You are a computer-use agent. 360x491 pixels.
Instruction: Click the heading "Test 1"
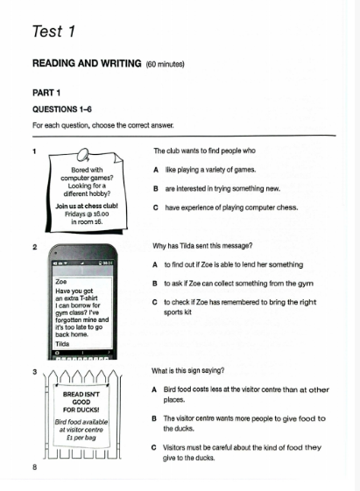53,32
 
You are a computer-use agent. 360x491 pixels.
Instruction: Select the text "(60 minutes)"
166,64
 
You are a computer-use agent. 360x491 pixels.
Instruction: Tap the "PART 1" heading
46,93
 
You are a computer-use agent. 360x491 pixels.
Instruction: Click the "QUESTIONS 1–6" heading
62,109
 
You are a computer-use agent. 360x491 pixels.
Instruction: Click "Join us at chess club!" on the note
87,206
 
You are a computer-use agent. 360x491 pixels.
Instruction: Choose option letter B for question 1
156,189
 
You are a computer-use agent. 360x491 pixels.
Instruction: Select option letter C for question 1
156,207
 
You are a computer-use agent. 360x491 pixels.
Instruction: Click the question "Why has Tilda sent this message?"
202,246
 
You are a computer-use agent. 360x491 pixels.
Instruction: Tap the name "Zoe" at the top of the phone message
60,282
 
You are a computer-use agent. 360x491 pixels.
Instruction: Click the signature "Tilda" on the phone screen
62,344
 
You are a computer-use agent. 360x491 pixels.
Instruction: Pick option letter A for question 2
155,265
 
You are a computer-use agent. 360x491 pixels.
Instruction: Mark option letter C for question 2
155,303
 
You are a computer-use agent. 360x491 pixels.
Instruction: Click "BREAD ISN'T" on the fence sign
81,394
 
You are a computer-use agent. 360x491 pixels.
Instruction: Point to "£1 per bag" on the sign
81,438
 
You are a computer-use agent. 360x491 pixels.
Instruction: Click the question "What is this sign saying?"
188,371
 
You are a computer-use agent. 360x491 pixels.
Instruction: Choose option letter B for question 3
154,418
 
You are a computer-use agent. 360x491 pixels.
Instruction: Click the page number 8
34,467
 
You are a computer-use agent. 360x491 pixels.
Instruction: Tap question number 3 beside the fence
35,372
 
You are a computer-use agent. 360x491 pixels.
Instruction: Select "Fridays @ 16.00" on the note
87,214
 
